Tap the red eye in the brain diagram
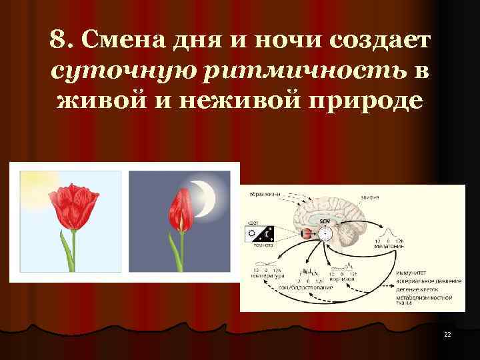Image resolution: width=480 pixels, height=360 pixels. [307, 233]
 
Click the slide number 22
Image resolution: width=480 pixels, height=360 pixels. [447, 334]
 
